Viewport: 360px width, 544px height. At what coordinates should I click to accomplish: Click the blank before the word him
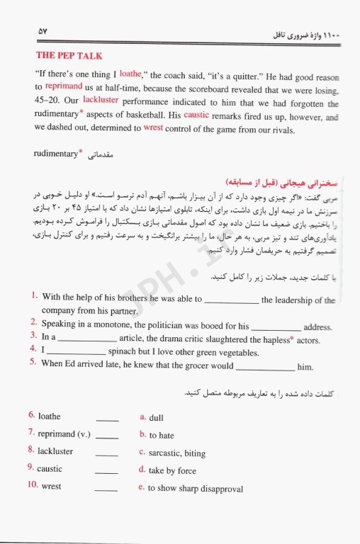pos(264,367)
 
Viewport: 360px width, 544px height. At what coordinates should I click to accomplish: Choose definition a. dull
pos(152,418)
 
